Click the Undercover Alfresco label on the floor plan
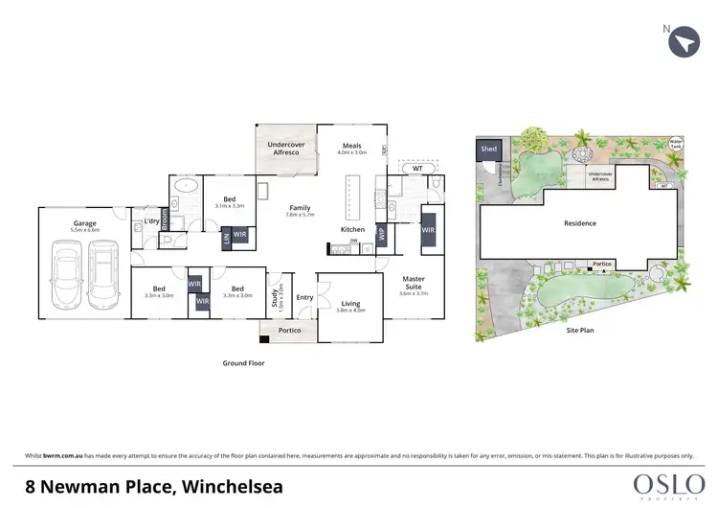[285, 149]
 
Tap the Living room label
[350, 302]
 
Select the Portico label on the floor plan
[289, 331]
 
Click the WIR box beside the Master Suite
[427, 231]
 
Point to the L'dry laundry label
[151, 222]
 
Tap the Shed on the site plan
[489, 150]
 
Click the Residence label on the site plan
[580, 223]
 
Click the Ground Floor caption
[243, 363]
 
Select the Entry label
[304, 297]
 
